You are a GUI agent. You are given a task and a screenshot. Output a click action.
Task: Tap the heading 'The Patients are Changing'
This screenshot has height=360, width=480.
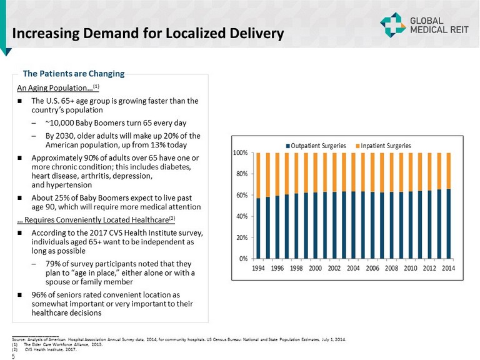[74, 74]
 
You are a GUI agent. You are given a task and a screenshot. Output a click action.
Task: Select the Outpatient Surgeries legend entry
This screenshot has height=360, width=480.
[316, 146]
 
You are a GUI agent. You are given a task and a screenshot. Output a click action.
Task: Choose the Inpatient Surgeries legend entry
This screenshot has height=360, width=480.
[384, 146]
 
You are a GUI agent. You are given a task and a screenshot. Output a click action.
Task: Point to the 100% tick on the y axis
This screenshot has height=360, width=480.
[241, 153]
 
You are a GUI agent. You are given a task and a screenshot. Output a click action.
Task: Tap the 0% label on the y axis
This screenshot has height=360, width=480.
[244, 258]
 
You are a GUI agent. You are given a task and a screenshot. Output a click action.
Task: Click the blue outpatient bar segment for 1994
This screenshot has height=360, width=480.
[258, 228]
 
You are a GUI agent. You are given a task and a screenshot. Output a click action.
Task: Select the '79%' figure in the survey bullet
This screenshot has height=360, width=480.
[53, 263]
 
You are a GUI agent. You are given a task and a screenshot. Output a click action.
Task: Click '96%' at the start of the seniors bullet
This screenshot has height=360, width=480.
[39, 294]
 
